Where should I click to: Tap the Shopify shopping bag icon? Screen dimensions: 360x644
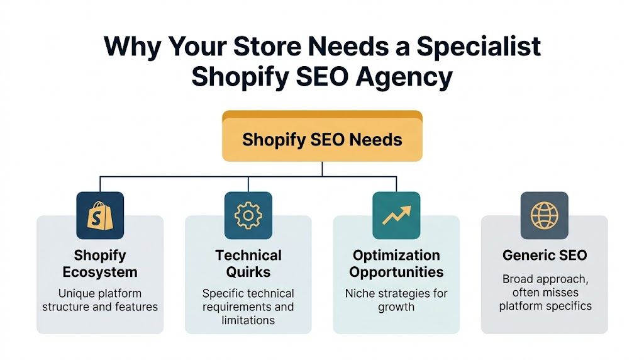[100, 215]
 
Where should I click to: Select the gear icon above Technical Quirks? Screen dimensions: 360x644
[248, 215]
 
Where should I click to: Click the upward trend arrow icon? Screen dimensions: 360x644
[396, 215]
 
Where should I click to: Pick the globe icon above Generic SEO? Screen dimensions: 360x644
[544, 215]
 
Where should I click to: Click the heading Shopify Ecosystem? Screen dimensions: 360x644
[100, 264]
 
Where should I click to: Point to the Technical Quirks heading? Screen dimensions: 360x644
[248, 264]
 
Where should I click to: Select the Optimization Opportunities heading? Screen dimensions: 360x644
[396, 264]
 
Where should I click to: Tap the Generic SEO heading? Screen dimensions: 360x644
[544, 256]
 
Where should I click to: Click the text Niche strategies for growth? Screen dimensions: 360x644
[396, 300]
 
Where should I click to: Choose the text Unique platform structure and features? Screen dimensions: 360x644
[100, 300]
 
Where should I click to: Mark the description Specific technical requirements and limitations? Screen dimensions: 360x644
[248, 307]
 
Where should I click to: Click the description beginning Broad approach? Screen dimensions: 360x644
[544, 292]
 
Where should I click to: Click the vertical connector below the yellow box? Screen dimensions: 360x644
[322, 169]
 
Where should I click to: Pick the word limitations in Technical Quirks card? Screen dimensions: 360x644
[248, 320]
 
